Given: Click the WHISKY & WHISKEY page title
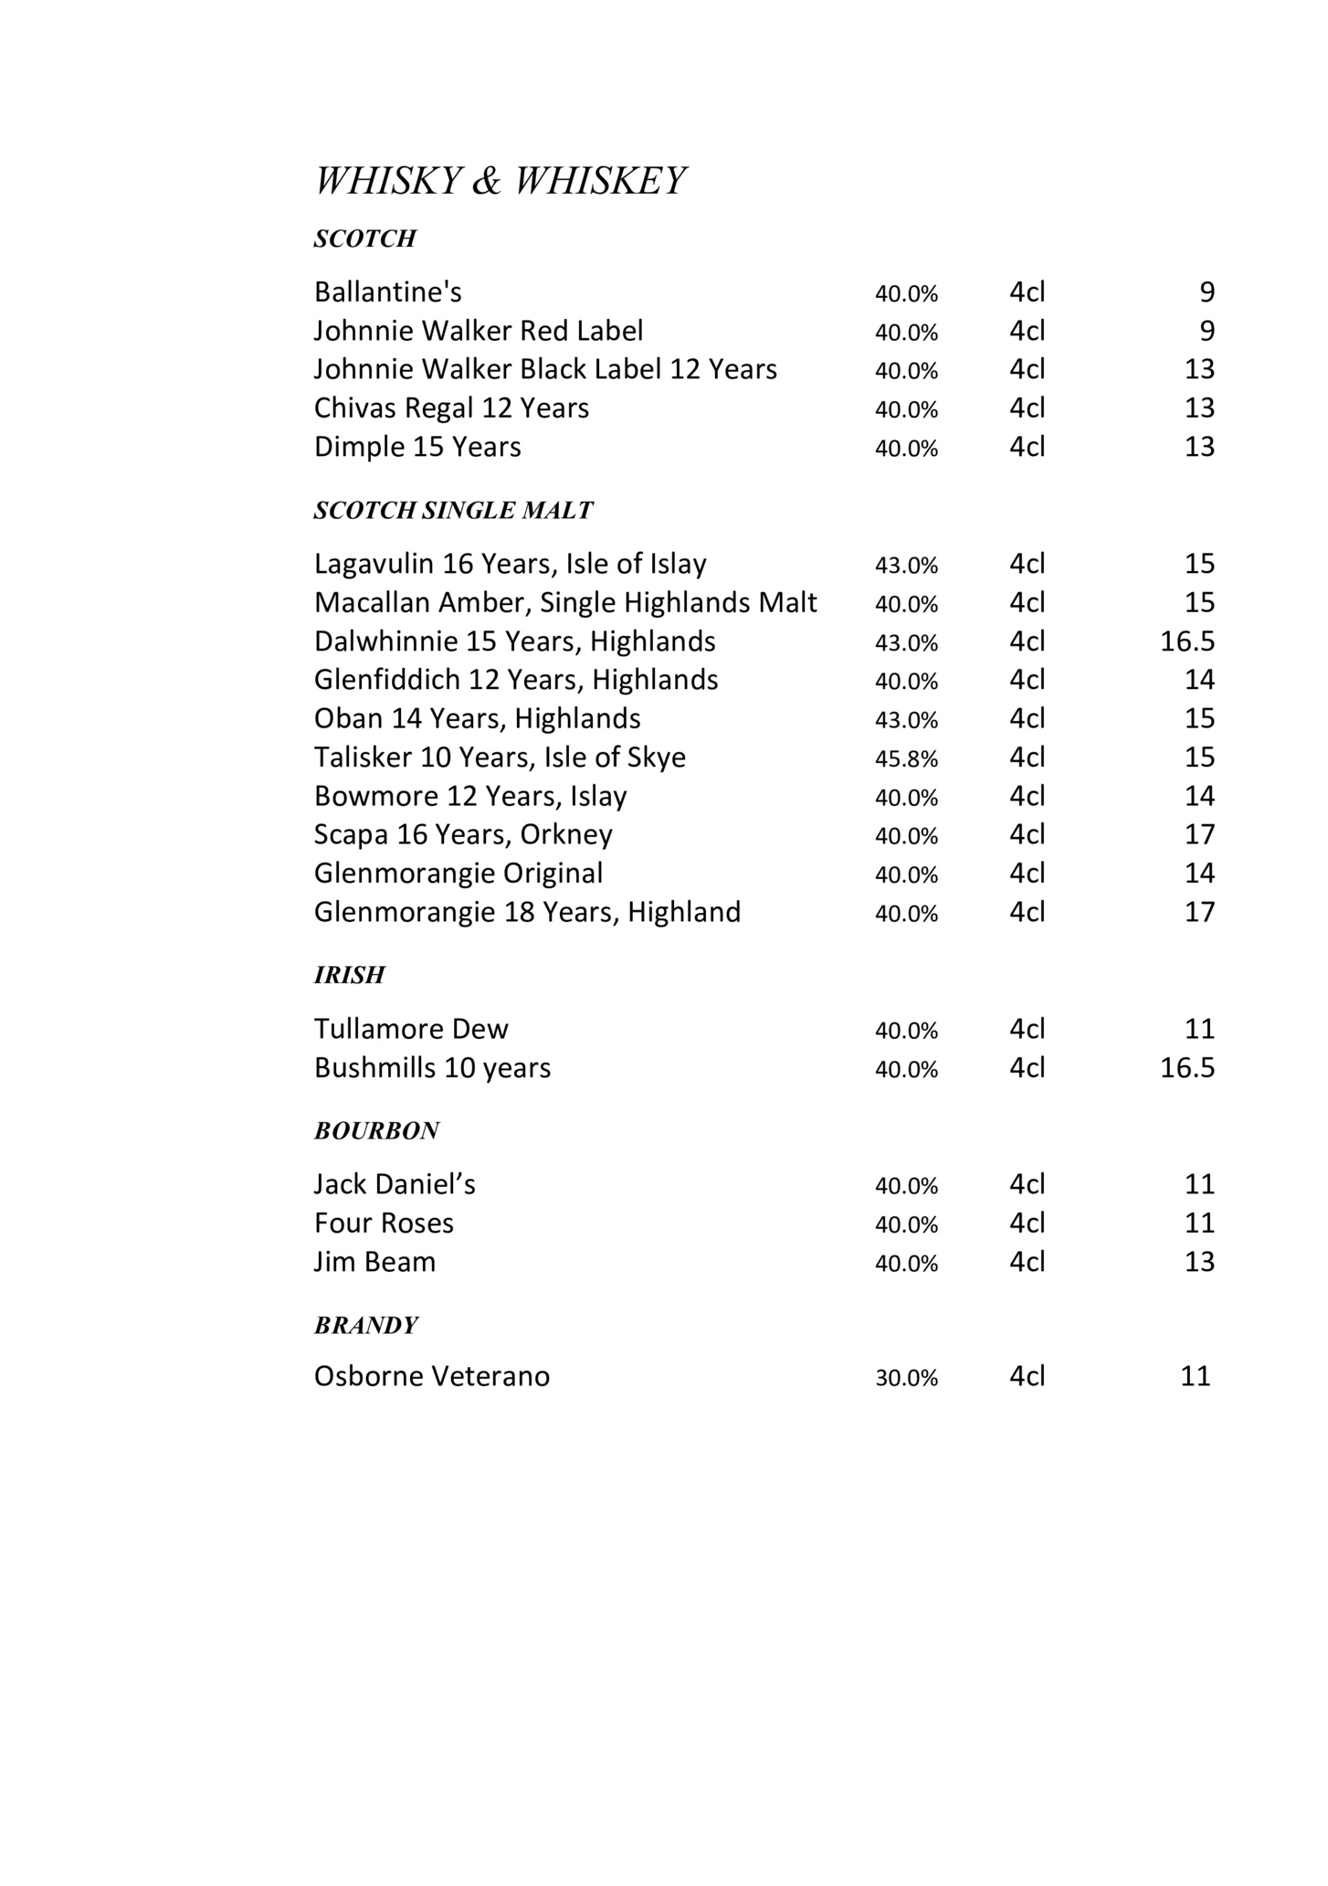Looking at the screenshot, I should (x=499, y=181).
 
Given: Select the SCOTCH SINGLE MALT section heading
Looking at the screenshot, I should (x=453, y=511).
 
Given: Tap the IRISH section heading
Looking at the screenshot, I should (x=349, y=976).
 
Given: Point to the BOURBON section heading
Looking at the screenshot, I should (x=376, y=1131).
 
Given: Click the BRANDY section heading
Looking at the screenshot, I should (x=365, y=1326).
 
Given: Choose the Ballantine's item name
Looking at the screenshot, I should (x=387, y=292).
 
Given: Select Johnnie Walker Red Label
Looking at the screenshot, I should (x=478, y=331).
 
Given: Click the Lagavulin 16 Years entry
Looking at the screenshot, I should (x=510, y=564).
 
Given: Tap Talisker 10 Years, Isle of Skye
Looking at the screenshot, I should (x=499, y=758).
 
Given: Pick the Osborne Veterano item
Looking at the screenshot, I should (x=431, y=1376).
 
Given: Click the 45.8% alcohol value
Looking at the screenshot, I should (x=906, y=759).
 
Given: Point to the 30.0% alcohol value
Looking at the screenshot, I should (x=906, y=1378).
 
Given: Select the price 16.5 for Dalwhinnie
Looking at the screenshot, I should (x=1186, y=641).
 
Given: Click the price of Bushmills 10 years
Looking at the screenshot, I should (x=1186, y=1068).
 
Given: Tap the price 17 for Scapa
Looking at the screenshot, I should (x=1199, y=835).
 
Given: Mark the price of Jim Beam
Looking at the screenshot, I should (x=1199, y=1262).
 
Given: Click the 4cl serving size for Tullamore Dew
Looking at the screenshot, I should (x=1027, y=1030).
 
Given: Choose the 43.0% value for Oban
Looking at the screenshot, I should (x=906, y=720).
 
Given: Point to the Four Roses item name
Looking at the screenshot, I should (x=384, y=1224).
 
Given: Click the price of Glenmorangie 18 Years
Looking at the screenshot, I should (x=1199, y=912).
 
